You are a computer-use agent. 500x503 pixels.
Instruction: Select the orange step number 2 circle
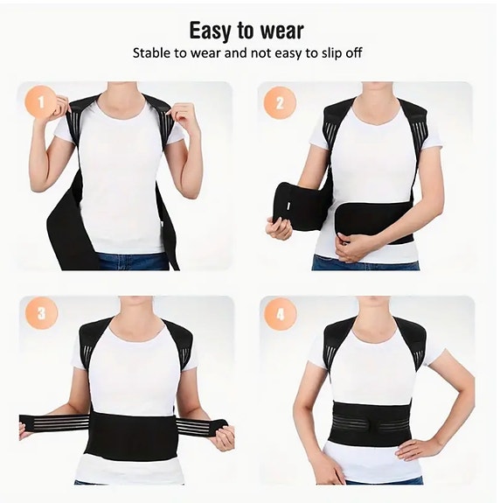[x=280, y=103]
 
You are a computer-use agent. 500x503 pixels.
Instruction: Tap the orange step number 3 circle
[x=41, y=313]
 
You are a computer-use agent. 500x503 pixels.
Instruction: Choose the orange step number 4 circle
[x=280, y=313]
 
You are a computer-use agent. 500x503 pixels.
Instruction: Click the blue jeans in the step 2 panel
[x=367, y=262]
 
